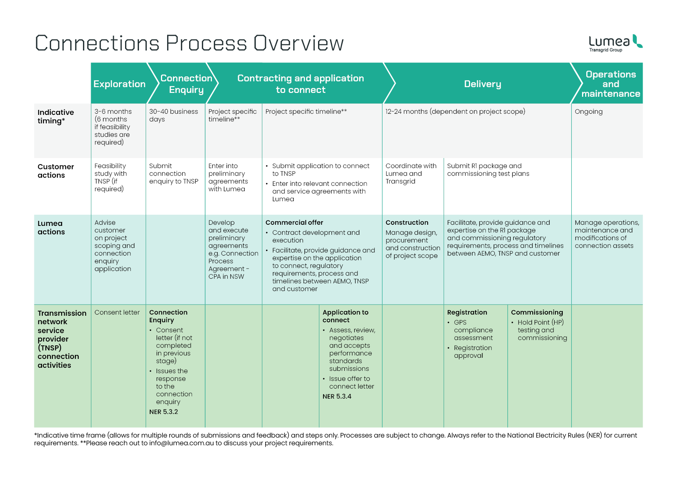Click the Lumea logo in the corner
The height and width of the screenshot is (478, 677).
(x=616, y=43)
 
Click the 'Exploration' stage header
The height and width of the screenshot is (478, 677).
(x=119, y=84)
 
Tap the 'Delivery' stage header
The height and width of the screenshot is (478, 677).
(x=482, y=84)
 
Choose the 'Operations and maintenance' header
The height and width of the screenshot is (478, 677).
(x=611, y=84)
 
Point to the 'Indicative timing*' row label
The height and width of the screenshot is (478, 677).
(x=56, y=116)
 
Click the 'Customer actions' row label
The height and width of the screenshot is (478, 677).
(x=56, y=171)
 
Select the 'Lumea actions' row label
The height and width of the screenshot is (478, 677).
(x=51, y=227)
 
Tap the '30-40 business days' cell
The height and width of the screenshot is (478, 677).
(x=173, y=115)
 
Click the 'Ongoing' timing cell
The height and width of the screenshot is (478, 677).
(x=589, y=112)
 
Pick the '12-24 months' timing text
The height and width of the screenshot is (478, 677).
(x=406, y=111)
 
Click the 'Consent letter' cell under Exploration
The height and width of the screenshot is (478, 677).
(x=117, y=312)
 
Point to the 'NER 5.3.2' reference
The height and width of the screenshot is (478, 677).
(x=164, y=412)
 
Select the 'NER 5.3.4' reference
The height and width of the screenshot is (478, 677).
(x=337, y=396)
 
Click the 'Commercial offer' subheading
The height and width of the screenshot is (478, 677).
(x=294, y=222)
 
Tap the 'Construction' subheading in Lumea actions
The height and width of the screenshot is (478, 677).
(x=407, y=222)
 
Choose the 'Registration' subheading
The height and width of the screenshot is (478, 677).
(x=467, y=312)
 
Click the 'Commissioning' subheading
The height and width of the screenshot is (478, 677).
(x=537, y=312)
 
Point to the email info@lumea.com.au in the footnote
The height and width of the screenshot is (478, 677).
(x=181, y=443)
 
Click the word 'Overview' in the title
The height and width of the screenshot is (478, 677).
(x=298, y=43)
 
